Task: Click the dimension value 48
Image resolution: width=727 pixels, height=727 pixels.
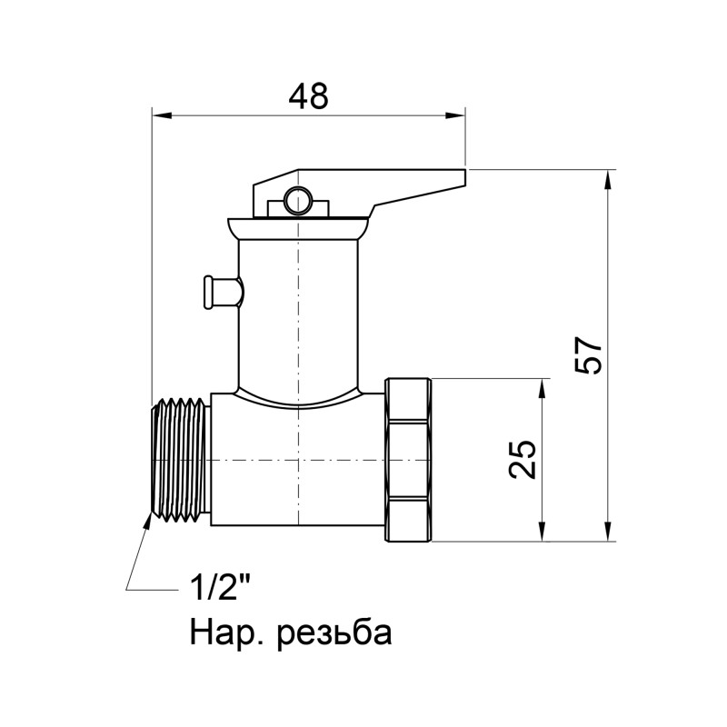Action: click(x=308, y=95)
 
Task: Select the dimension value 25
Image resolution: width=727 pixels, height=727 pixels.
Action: click(x=523, y=460)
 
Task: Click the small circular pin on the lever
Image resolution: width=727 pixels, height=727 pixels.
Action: click(x=296, y=200)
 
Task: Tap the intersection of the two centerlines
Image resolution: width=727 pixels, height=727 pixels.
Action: click(x=298, y=461)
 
